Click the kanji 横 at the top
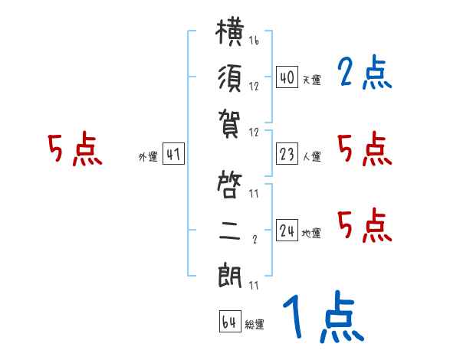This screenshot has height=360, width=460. pos(230,32)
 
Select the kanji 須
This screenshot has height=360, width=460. pos(230,78)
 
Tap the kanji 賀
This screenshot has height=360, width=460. pos(229,124)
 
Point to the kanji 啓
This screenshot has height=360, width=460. pos(229,185)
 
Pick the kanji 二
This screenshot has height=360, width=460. pos(230,231)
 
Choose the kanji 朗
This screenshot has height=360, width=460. pos(230,277)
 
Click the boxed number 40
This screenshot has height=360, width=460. pos(287,77)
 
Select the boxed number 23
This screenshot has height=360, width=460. pos(287,154)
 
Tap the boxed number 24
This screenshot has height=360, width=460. pos(287,230)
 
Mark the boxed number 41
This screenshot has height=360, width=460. pos(173,154)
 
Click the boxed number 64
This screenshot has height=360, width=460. pos(230,322)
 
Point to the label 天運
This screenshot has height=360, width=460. pos(312,80)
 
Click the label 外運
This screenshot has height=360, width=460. pos(148,156)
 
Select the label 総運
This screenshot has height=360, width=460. pos(255,325)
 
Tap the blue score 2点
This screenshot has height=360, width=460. pos(364,72)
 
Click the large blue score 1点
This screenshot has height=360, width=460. pos(324,316)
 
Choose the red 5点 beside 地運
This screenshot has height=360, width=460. pos(365,225)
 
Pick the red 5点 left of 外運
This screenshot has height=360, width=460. pos(75,149)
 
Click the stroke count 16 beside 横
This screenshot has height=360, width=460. pos(254,40)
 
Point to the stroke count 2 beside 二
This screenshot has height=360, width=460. pos(255,239)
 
